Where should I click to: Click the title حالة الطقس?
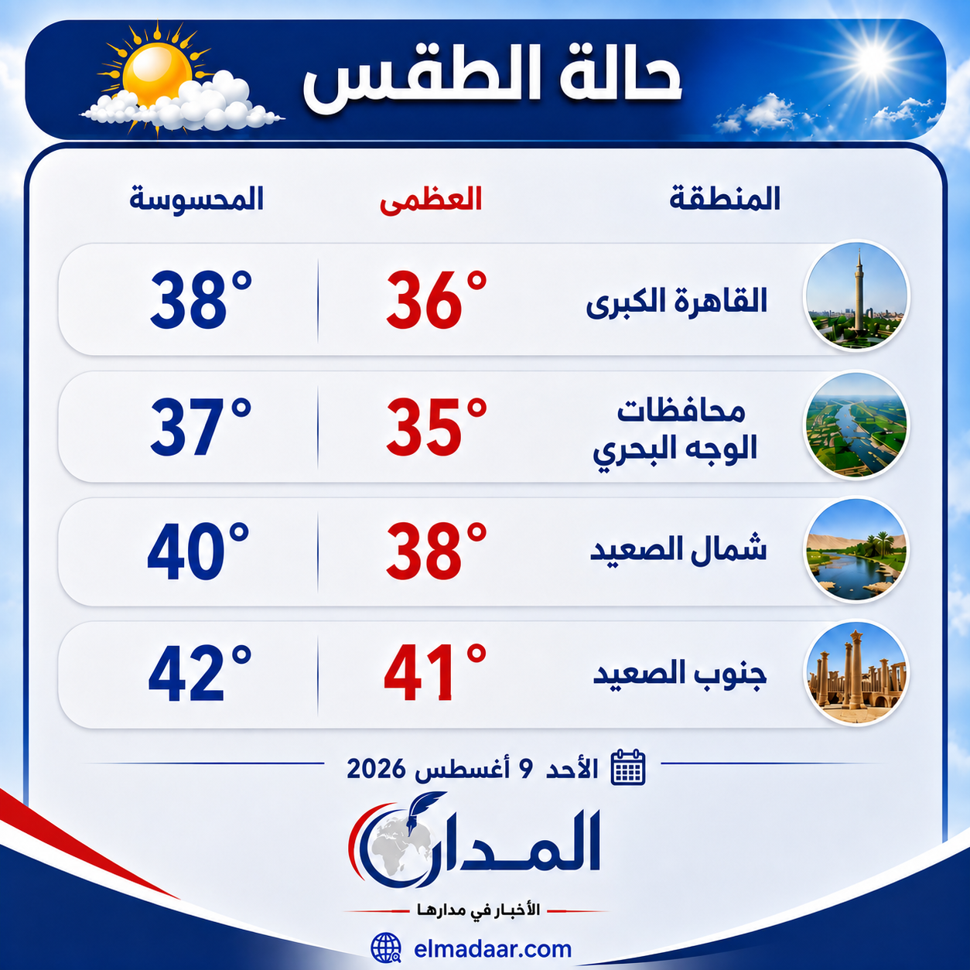(492, 80)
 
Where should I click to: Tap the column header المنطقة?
(724, 198)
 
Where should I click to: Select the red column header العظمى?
(431, 200)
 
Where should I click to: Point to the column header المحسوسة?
(196, 198)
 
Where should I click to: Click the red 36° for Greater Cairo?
(436, 299)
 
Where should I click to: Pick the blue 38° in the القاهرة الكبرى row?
(200, 299)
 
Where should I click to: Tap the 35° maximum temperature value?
(436, 427)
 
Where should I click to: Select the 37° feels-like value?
(200, 427)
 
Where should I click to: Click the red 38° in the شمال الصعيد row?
(436, 551)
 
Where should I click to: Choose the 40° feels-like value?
(198, 551)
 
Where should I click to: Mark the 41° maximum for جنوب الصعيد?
(435, 672)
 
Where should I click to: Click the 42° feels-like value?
(200, 672)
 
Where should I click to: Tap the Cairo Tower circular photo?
(856, 295)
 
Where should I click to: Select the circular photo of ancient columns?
(856, 672)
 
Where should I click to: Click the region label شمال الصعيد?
(678, 549)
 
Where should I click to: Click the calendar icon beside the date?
(627, 767)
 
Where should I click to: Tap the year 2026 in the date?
(376, 769)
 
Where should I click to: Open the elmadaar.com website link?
(493, 949)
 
